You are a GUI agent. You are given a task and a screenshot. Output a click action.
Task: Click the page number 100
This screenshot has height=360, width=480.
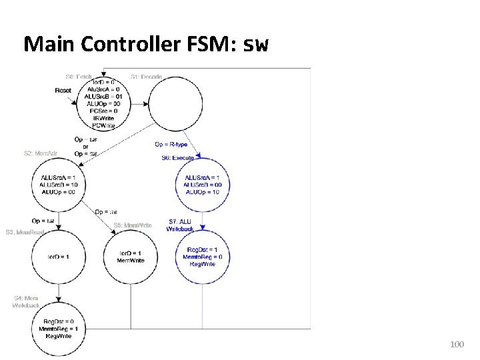tap(457, 345)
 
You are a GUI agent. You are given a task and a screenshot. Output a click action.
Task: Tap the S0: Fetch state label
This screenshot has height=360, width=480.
tap(79, 77)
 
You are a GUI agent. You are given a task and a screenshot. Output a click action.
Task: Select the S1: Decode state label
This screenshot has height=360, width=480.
tap(147, 77)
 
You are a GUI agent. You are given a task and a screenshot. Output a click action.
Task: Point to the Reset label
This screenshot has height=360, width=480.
tap(63, 90)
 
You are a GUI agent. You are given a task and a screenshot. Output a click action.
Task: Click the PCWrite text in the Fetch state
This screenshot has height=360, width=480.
tap(104, 125)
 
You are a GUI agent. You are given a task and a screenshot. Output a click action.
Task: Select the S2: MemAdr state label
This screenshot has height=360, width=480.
tap(41, 153)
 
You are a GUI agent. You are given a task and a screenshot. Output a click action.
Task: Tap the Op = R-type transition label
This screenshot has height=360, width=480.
tap(171, 144)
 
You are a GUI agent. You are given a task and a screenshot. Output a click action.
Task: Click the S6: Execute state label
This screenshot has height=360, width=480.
tap(177, 158)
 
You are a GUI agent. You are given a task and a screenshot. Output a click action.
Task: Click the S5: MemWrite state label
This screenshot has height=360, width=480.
tap(133, 225)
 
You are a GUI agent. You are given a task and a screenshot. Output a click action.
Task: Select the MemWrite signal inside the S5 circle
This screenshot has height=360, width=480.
tap(131, 261)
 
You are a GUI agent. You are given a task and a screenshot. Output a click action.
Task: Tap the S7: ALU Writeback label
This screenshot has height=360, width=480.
tap(181, 225)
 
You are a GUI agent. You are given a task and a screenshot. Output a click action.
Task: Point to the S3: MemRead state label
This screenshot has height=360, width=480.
tap(25, 232)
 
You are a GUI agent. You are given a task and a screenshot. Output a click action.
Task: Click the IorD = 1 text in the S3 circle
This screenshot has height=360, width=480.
tap(58, 257)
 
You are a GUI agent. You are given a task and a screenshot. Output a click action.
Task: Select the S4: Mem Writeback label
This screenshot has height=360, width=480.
tap(26, 301)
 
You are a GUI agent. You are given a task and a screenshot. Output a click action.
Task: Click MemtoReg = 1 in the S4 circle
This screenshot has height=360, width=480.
tap(59, 329)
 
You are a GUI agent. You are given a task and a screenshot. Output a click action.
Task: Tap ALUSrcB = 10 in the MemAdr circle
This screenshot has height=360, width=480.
tap(58, 185)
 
